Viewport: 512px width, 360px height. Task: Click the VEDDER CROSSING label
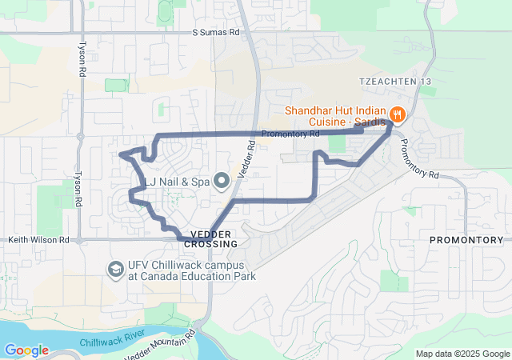211,238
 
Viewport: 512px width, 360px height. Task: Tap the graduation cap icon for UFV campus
116,269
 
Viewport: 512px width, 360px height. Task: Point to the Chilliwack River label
111,337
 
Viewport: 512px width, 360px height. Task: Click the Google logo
26,350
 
